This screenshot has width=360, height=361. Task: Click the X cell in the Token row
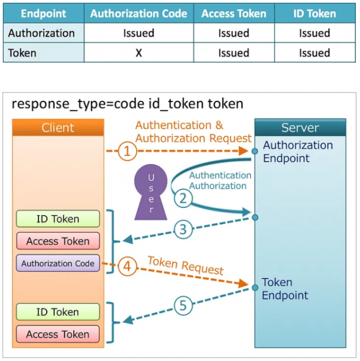tap(139, 53)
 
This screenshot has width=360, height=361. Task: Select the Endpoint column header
tap(43, 13)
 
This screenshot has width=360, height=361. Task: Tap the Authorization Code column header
tap(139, 13)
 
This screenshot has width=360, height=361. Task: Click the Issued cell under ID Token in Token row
tap(314, 53)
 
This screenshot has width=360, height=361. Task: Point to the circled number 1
tap(127, 151)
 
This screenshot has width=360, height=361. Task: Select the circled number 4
tap(127, 264)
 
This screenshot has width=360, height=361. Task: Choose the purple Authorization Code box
tap(58, 263)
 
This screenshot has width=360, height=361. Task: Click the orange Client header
tap(58, 127)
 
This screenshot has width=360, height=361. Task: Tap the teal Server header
tap(299, 127)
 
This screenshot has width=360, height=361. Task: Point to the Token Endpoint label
tap(285, 289)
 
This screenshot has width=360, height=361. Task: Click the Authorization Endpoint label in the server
tap(298, 151)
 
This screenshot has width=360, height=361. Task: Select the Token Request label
tap(185, 265)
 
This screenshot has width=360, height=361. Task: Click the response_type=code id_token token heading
tap(127, 104)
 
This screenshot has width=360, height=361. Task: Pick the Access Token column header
tap(234, 13)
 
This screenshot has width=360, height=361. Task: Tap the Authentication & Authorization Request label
tap(193, 132)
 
